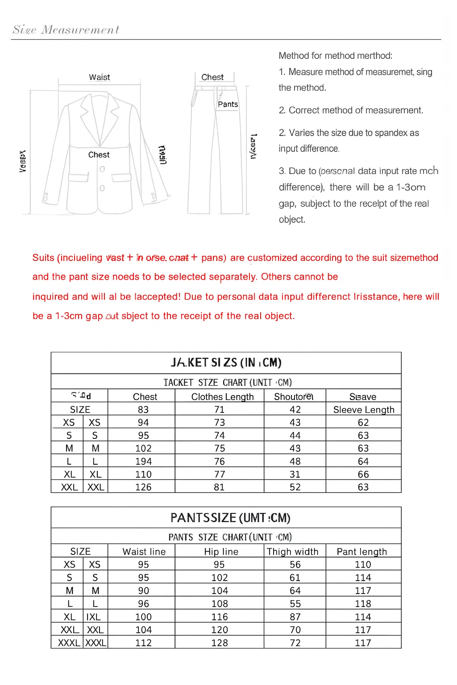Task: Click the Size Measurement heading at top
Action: [66, 30]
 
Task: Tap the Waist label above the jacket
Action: [99, 77]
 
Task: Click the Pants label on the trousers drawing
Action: [228, 104]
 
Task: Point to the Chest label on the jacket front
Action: [99, 155]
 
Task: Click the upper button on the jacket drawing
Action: [102, 169]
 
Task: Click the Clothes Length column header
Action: [222, 397]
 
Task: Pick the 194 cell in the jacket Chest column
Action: [143, 462]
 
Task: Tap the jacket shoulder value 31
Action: [295, 475]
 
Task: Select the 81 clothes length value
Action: [219, 487]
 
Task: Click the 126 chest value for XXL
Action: [143, 487]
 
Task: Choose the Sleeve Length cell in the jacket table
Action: [364, 410]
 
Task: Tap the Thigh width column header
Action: [292, 552]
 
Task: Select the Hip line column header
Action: [221, 552]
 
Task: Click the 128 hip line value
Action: [219, 643]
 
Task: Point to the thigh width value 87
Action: [295, 617]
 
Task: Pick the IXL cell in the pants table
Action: [94, 617]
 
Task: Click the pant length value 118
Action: [363, 604]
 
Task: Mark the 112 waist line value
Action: [143, 643]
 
